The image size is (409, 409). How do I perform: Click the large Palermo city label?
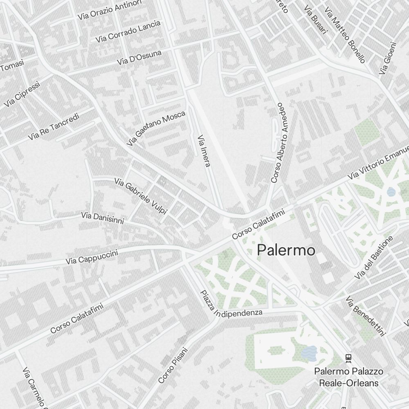[x=286, y=250]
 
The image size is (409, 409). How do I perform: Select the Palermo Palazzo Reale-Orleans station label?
[x=348, y=377]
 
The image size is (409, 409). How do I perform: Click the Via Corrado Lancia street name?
[x=128, y=31]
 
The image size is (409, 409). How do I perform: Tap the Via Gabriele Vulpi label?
[x=141, y=196]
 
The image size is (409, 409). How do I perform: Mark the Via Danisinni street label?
[x=102, y=218]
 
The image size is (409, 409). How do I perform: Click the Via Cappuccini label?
[x=92, y=257]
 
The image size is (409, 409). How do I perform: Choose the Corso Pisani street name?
[x=173, y=365]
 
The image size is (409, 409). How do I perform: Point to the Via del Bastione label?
[x=374, y=258]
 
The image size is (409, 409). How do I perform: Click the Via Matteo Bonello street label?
[x=344, y=35]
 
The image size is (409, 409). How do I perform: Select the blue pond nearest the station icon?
[x=309, y=352]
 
